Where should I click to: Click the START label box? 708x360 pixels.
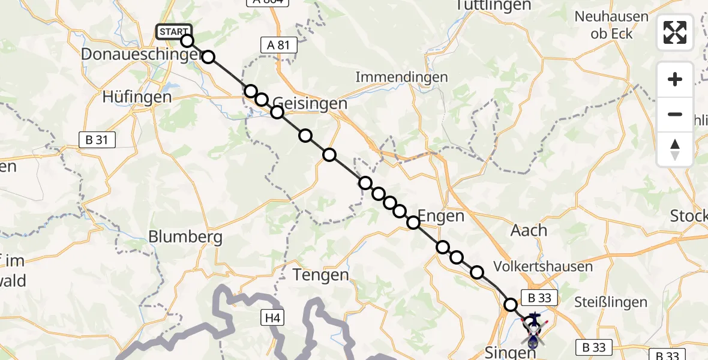(173, 31)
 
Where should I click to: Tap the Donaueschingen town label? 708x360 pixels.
(140, 55)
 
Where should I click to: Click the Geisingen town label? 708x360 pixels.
(310, 103)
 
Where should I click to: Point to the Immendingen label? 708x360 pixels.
(401, 77)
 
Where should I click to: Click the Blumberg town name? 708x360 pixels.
(185, 236)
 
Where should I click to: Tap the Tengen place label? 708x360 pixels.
(320, 275)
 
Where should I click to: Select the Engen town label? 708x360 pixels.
(441, 216)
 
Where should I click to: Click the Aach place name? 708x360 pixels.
(529, 230)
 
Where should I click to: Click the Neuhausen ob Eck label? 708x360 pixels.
(611, 25)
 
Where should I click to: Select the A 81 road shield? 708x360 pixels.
(279, 44)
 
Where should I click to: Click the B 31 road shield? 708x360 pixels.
(97, 140)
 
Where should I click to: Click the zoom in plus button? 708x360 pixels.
(675, 80)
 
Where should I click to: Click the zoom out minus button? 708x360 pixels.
(675, 114)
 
